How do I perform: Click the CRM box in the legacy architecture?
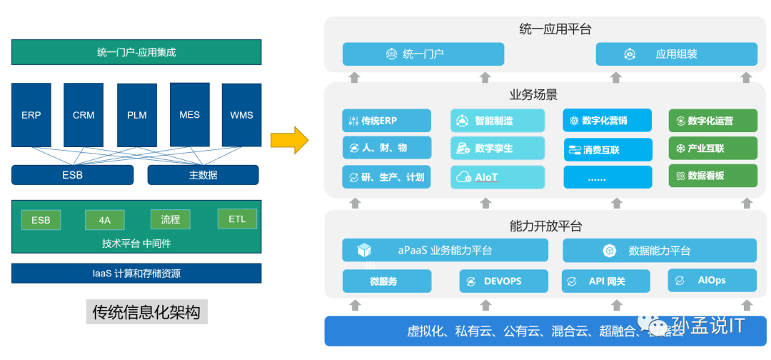coord(84,114)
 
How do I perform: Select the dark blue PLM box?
coord(136,114)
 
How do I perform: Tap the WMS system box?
coord(241,114)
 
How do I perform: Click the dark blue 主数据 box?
coord(203,175)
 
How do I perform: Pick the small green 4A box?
coord(104,220)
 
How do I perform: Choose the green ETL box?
coord(237,219)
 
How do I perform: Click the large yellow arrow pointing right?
coord(290,139)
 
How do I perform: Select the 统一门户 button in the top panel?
coord(423,54)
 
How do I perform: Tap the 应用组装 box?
coord(676,54)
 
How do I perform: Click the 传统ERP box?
coord(386,121)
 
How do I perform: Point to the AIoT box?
coord(497,177)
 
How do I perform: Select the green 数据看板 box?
coord(712,176)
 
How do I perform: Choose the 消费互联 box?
coord(607,149)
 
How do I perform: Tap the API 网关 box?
coord(605,281)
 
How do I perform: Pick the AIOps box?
coord(711,280)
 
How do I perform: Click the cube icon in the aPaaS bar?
coord(365,250)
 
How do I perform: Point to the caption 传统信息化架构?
coord(146,312)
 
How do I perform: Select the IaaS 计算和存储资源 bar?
coord(136,273)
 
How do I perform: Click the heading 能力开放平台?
coord(545,226)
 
